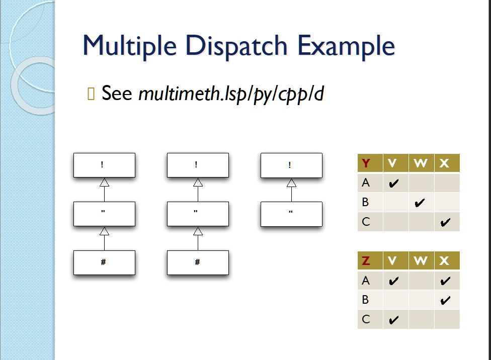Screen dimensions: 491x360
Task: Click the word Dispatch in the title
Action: coord(236,46)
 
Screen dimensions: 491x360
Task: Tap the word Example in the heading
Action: coord(346,47)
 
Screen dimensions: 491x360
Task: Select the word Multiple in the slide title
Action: coord(129,47)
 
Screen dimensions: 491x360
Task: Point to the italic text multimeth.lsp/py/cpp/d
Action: coord(231,94)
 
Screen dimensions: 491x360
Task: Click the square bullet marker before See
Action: coord(91,94)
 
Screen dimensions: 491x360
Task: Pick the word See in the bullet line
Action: coord(117,93)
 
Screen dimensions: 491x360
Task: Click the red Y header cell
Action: coord(370,163)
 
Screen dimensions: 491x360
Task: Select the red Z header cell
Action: coord(370,260)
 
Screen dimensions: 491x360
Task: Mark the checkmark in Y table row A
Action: coord(393,183)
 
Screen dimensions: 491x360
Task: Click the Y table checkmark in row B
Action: coord(419,203)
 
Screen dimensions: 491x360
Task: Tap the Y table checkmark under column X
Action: coord(445,222)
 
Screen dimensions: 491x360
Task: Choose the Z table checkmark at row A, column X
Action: coord(445,281)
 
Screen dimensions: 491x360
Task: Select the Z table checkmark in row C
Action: coord(393,320)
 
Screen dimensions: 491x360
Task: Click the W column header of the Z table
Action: coord(421,260)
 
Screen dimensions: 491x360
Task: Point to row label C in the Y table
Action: coord(366,222)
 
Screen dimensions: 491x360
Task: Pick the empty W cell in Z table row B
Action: coord(421,300)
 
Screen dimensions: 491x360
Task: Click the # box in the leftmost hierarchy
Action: coord(104,262)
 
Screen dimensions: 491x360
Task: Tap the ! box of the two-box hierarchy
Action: coord(292,165)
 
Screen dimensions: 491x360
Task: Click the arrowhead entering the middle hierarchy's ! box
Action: coord(198,182)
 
